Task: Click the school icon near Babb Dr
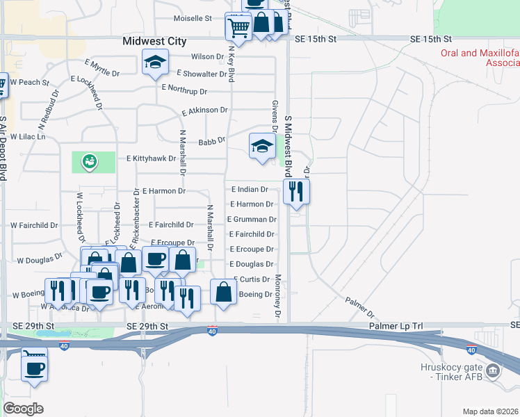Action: [262, 146]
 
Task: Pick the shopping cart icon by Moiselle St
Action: [238, 27]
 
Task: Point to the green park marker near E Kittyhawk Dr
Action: [90, 162]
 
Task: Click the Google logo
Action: [23, 409]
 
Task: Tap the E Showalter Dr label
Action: [202, 73]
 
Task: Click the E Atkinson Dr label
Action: [204, 111]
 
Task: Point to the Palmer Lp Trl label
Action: [397, 326]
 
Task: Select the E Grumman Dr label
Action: [252, 219]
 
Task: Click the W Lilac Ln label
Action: [28, 137]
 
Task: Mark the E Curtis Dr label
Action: [252, 279]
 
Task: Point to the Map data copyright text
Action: [490, 411]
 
